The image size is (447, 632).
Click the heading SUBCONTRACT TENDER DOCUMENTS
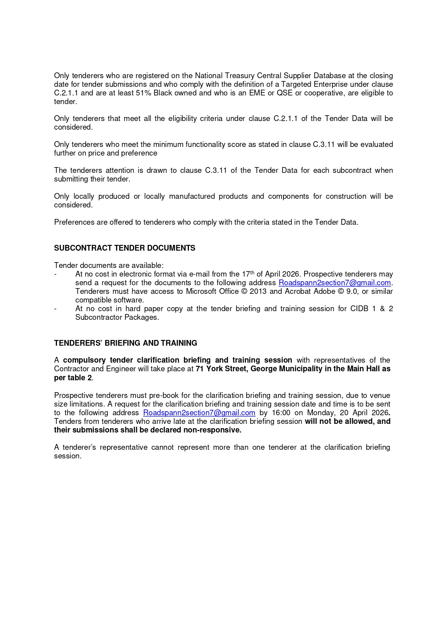124,248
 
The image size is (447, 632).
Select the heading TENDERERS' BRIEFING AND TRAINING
125,343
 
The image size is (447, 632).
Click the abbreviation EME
257,93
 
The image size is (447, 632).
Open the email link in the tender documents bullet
335,283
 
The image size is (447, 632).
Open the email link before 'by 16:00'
199,413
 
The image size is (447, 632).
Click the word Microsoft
201,291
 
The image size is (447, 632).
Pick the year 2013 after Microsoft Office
258,291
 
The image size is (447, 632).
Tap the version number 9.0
351,291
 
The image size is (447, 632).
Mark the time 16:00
281,413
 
